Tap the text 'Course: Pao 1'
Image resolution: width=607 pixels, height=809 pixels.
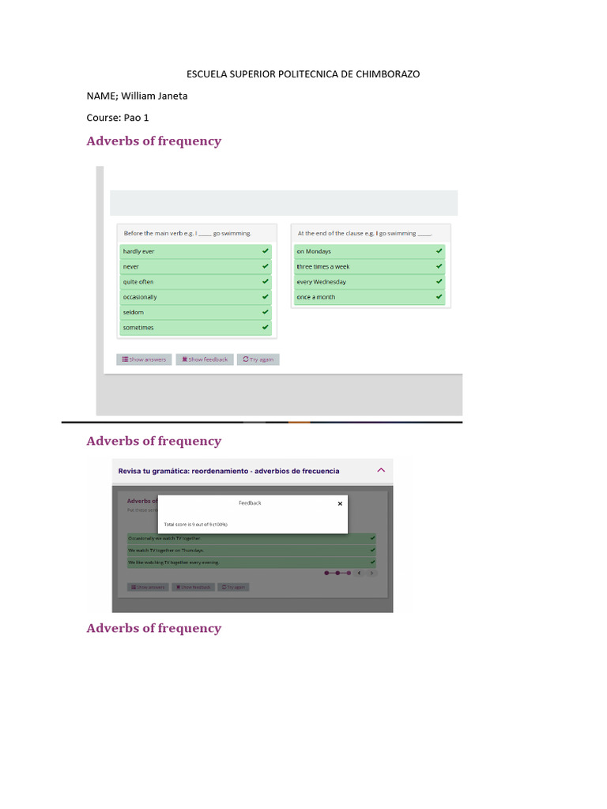click(118, 118)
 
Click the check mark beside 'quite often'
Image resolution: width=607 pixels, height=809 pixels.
click(266, 282)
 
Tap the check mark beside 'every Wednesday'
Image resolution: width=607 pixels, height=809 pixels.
click(439, 282)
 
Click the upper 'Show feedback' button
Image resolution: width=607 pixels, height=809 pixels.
click(205, 359)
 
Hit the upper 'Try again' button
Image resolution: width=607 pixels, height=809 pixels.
click(258, 359)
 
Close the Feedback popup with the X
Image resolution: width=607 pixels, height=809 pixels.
click(341, 503)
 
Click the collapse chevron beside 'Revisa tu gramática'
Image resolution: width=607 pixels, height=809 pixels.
click(381, 470)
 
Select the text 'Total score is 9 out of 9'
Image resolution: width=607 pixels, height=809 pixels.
click(195, 524)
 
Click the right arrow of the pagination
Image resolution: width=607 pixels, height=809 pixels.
click(371, 573)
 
